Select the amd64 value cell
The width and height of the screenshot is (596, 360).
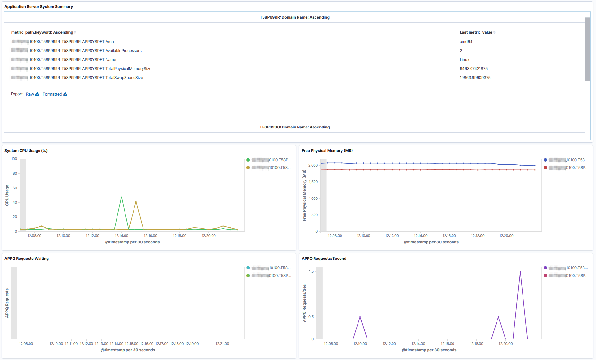coord(466,42)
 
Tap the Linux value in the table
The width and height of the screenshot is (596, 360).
coord(464,60)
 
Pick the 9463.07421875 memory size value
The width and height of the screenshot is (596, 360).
coord(473,69)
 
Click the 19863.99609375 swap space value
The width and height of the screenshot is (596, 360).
coord(475,78)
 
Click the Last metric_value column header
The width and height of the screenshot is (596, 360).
coord(476,32)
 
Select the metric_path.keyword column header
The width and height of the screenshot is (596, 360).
coord(42,32)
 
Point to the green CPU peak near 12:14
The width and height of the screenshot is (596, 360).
coord(121,197)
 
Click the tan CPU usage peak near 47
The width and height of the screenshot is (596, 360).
coord(136,201)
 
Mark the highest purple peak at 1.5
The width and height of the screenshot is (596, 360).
coord(520,272)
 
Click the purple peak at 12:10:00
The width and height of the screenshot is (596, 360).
coord(360,317)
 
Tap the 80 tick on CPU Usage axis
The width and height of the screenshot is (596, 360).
coord(15,173)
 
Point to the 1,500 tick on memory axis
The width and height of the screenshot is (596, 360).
coord(313,182)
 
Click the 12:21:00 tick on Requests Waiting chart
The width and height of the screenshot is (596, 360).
coord(222,344)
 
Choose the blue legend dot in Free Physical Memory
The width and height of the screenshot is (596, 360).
coord(545,160)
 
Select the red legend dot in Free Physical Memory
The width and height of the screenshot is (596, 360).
coord(545,168)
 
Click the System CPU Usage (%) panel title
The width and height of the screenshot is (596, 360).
coord(26,151)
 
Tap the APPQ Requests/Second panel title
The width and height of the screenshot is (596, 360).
coord(324,259)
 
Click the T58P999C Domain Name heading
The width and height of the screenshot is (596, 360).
coord(294,127)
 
